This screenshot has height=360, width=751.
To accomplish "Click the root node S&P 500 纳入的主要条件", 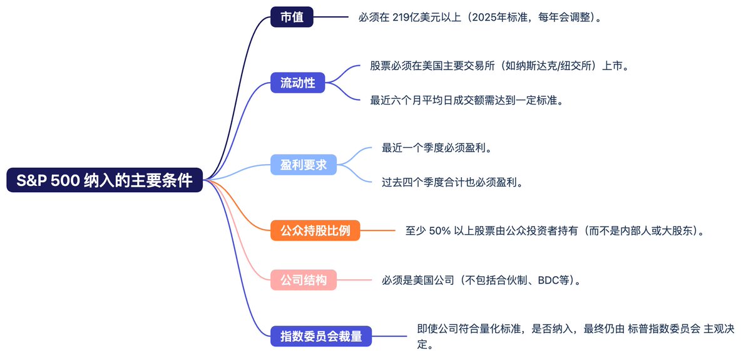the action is (x=105, y=180).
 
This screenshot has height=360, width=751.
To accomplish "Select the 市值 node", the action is (x=292, y=17).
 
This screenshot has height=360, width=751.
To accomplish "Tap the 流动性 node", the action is (x=298, y=83).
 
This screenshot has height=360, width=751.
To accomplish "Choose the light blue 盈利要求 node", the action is (x=304, y=165).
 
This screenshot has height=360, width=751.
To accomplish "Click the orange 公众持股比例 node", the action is (x=315, y=230).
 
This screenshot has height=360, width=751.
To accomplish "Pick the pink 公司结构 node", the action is (x=304, y=280).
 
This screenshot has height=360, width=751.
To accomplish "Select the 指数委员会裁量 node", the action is (x=321, y=336).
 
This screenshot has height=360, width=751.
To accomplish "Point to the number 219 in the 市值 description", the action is (x=401, y=17).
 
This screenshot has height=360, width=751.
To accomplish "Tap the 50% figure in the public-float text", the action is (x=440, y=231).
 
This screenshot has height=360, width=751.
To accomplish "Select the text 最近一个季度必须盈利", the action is (x=434, y=148).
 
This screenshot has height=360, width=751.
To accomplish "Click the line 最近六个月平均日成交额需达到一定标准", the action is (x=464, y=100).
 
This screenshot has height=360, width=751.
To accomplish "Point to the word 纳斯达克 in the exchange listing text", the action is (x=536, y=66).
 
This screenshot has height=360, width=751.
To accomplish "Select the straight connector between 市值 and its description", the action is (x=331, y=17).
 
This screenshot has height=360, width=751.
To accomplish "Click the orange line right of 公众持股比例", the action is (x=378, y=230).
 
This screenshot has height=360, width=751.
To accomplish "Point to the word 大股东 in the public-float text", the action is (x=677, y=231).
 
